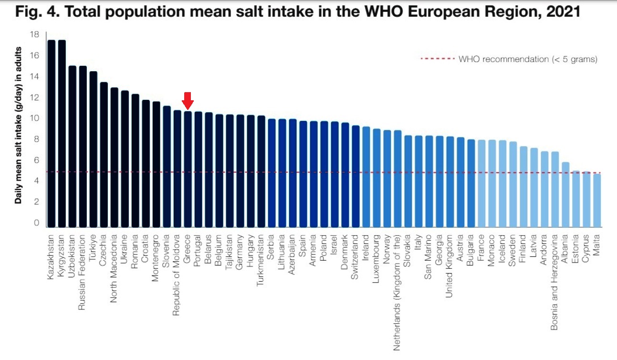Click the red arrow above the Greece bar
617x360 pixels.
point(188,100)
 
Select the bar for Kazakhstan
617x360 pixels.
point(52,134)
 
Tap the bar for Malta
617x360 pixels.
point(597,201)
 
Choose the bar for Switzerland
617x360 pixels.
point(356,176)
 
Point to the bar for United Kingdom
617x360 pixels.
point(450,182)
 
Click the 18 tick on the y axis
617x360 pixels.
point(34,34)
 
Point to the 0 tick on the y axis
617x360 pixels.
point(36,222)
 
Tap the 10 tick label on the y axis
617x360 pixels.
point(34,118)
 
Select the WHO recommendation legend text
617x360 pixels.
point(528,59)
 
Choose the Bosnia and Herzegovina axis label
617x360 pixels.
point(555,282)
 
